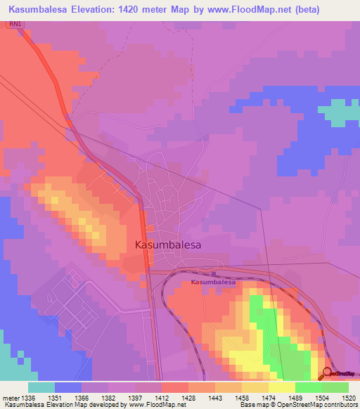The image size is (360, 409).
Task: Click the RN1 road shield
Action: click(15, 24)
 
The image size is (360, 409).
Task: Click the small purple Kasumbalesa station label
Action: click(212, 281)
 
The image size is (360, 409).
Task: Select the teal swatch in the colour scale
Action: click(41, 387)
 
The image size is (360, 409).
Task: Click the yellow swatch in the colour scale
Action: click(281, 387)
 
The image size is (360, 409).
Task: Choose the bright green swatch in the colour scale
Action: click(308, 387)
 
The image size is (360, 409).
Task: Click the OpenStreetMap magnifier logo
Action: click(328, 373)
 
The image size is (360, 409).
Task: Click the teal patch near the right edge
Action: click(338, 113)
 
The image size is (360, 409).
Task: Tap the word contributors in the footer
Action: click(342, 405)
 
